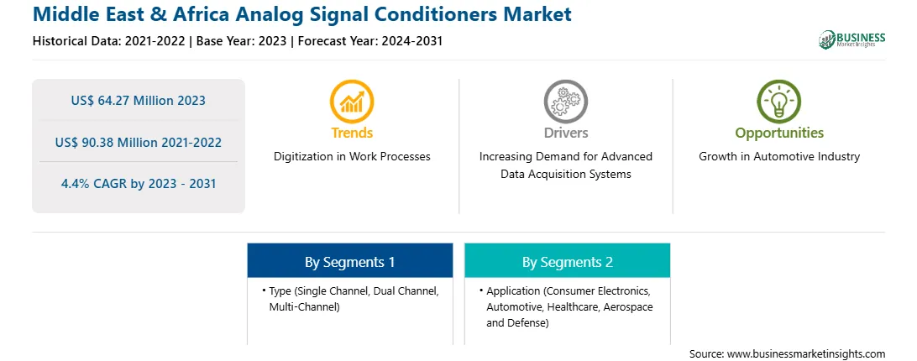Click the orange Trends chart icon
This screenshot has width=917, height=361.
[352, 102]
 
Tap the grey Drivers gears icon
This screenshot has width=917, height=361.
[565, 102]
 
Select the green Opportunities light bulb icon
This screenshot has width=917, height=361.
[779, 102]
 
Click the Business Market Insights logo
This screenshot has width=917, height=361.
[851, 39]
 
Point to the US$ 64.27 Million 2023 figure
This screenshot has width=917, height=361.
[138, 101]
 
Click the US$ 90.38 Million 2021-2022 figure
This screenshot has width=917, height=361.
[138, 142]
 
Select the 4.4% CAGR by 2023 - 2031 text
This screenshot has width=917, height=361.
[139, 184]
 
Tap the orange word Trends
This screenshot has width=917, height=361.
[352, 133]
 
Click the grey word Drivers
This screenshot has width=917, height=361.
[566, 133]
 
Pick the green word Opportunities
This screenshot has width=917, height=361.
[779, 133]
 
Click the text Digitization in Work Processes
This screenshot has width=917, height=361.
[352, 157]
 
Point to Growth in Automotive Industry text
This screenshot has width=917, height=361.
[779, 157]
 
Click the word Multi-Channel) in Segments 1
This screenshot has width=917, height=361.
[304, 306]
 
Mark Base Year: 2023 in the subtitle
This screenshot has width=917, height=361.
[241, 41]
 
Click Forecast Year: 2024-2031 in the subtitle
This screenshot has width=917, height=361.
[367, 41]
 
